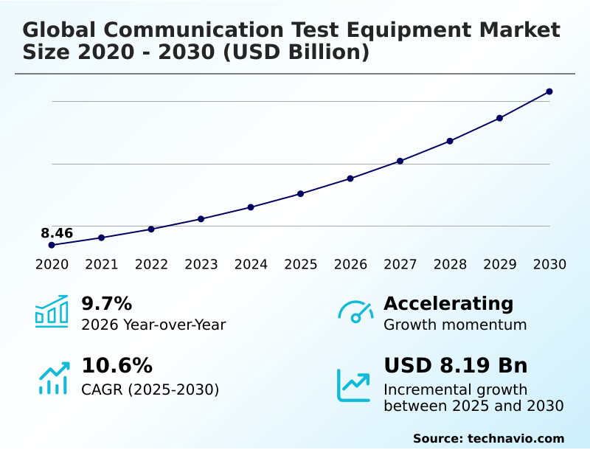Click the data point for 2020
click(x=52, y=245)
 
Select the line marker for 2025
click(x=301, y=193)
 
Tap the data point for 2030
click(x=549, y=91)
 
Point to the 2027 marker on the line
click(x=400, y=161)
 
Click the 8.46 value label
click(x=57, y=234)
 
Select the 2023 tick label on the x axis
click(x=201, y=265)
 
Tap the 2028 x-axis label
click(x=450, y=265)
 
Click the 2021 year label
click(x=101, y=265)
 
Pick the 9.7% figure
click(x=106, y=303)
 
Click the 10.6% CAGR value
click(x=117, y=366)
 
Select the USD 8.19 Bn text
click(x=455, y=366)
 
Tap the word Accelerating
click(x=448, y=303)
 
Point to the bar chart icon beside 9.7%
click(x=52, y=311)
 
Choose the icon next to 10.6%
click(x=53, y=377)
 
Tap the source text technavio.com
click(x=516, y=438)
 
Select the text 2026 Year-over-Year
click(x=153, y=325)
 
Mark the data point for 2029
click(x=500, y=118)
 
